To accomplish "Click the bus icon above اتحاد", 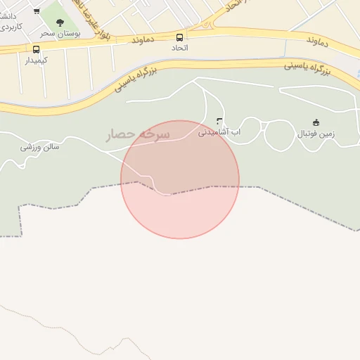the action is (x=179, y=37).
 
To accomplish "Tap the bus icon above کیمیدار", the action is (x=36, y=49).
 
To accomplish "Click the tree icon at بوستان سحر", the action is (x=60, y=22).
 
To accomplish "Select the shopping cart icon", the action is (x=36, y=11).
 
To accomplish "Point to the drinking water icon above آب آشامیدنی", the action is (x=220, y=121).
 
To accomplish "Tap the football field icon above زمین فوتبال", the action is (x=316, y=122).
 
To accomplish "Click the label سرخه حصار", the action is (x=138, y=134).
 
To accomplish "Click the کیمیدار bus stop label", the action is (x=36, y=60).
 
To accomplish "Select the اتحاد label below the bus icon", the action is (x=180, y=48).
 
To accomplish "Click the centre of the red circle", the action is (x=180, y=179).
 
